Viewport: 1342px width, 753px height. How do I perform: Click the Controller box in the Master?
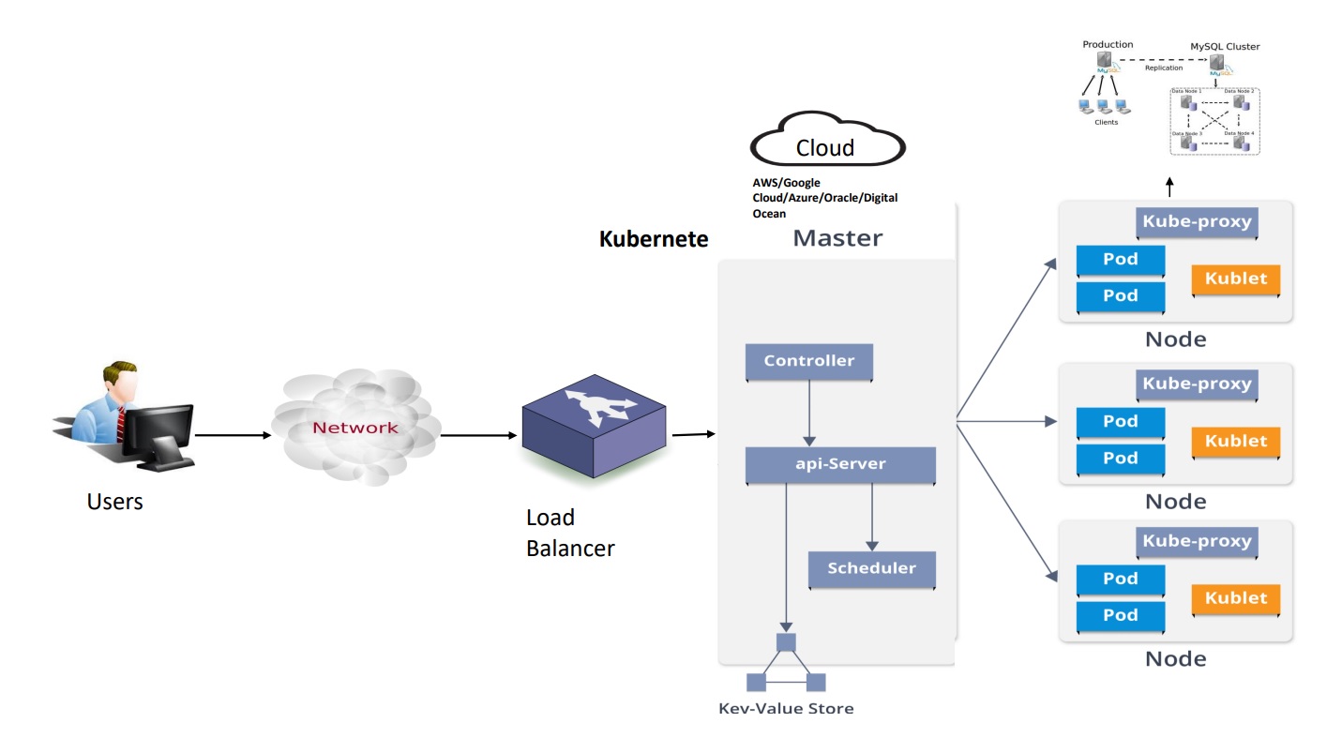(x=808, y=361)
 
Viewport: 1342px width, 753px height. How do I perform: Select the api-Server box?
(x=839, y=464)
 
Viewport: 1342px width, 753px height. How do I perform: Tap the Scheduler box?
(x=871, y=568)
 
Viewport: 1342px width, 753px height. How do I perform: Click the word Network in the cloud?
(x=355, y=428)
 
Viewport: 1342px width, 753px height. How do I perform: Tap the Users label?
(x=114, y=502)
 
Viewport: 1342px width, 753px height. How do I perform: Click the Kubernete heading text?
(x=654, y=239)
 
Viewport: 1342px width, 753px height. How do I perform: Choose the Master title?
(x=837, y=238)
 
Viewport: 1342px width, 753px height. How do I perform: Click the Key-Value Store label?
(x=786, y=708)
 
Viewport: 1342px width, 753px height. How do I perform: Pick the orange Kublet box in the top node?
(x=1235, y=279)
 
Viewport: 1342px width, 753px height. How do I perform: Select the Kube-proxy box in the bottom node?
(x=1196, y=541)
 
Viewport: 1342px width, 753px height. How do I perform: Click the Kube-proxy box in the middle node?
(x=1196, y=384)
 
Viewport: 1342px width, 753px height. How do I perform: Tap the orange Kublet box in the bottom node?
(x=1235, y=598)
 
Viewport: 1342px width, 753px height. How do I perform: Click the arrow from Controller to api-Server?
(x=808, y=413)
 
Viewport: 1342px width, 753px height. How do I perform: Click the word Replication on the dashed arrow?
(x=1164, y=68)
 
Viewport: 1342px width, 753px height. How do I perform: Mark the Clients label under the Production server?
(x=1106, y=122)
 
